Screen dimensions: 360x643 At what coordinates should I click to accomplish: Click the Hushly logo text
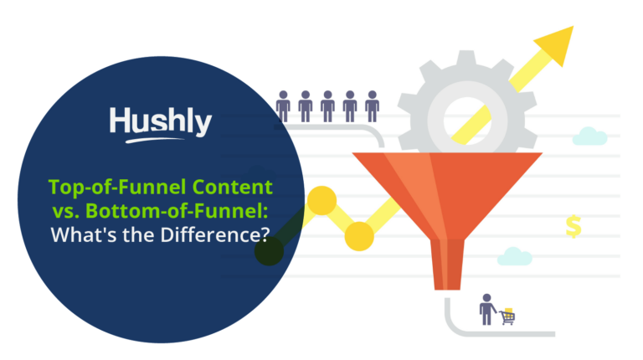(160, 122)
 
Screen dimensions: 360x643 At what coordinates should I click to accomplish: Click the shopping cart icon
(507, 316)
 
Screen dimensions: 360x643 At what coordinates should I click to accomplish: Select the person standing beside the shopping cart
(486, 309)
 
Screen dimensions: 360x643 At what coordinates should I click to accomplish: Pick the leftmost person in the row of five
(283, 106)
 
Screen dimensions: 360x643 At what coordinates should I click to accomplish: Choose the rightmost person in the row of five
(372, 106)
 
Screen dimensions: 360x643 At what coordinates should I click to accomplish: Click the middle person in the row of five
(327, 106)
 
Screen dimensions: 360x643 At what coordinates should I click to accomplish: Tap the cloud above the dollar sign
(590, 136)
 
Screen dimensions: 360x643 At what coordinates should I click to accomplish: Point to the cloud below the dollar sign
(515, 256)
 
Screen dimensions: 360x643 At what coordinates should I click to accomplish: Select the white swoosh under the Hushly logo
(160, 139)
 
